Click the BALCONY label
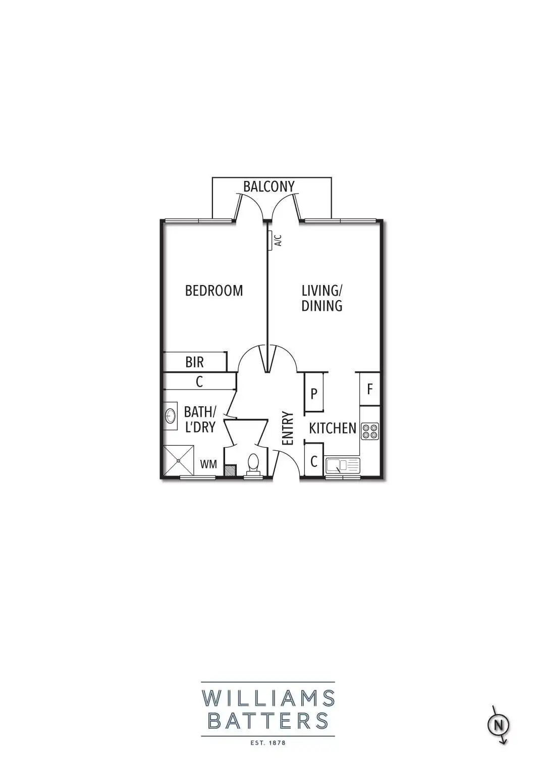pos(269,186)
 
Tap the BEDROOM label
pos(214,291)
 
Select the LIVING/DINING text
pos(322,298)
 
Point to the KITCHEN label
pos(333,429)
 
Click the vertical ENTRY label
pos(288,429)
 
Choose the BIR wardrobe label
pos(195,362)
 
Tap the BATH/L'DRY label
pos(200,419)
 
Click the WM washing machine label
pos(208,463)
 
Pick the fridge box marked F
pos(369,389)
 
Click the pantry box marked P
pos(313,393)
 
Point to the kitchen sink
pos(342,465)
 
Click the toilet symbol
pos(252,463)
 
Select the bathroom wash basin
pos(171,416)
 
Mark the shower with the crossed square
pos(179,460)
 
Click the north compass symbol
pos(499,725)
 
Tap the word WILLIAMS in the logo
pos(268,699)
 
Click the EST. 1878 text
pos(268,743)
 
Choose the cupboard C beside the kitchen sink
pos(313,461)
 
